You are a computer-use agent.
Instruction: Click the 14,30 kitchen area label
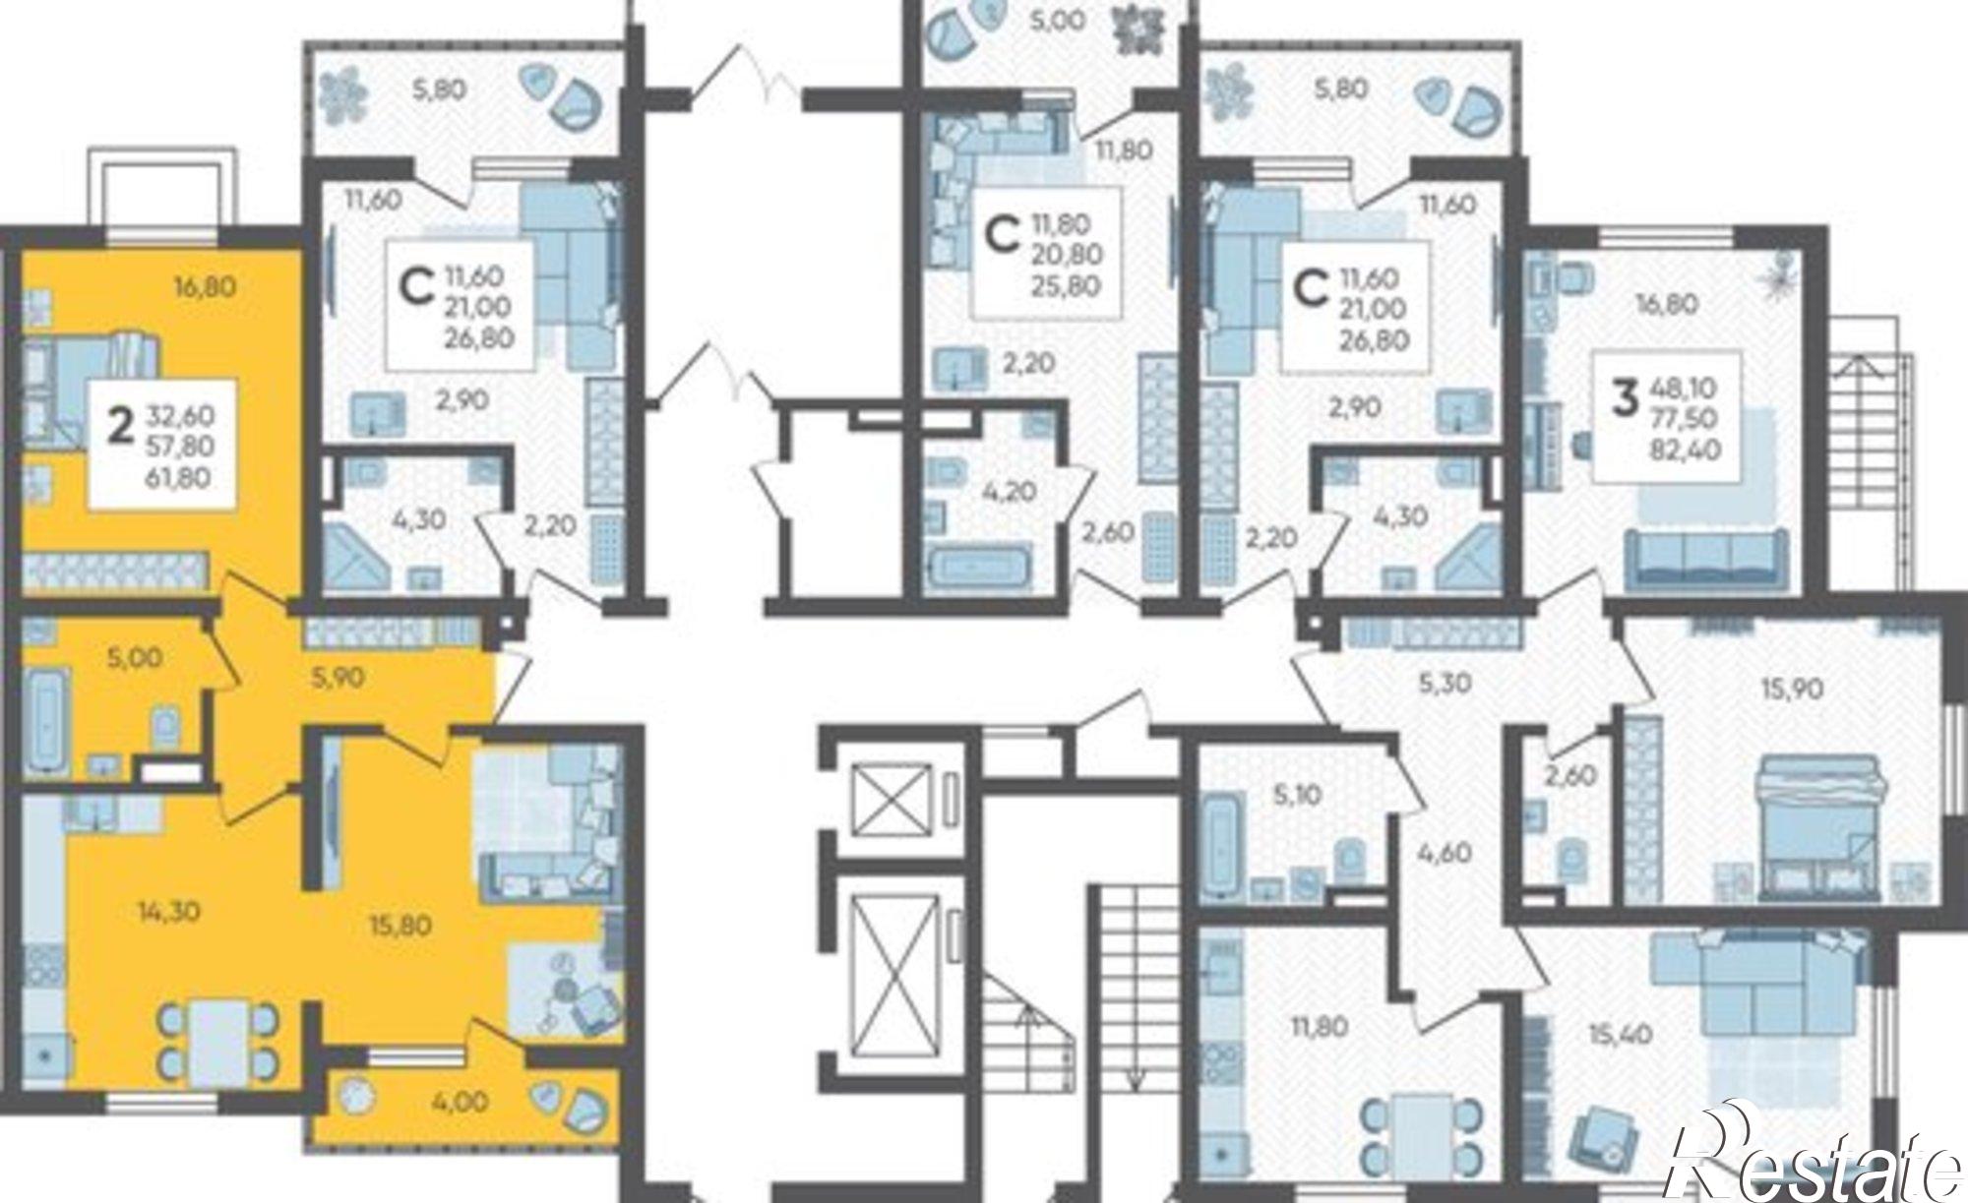tap(169, 912)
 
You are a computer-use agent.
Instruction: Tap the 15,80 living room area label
tap(401, 926)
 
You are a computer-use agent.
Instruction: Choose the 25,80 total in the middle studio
tap(1067, 286)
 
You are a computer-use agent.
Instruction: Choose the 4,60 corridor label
tap(1445, 852)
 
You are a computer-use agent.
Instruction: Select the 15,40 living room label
tap(1619, 1034)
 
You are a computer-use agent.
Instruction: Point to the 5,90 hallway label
tap(338, 677)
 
